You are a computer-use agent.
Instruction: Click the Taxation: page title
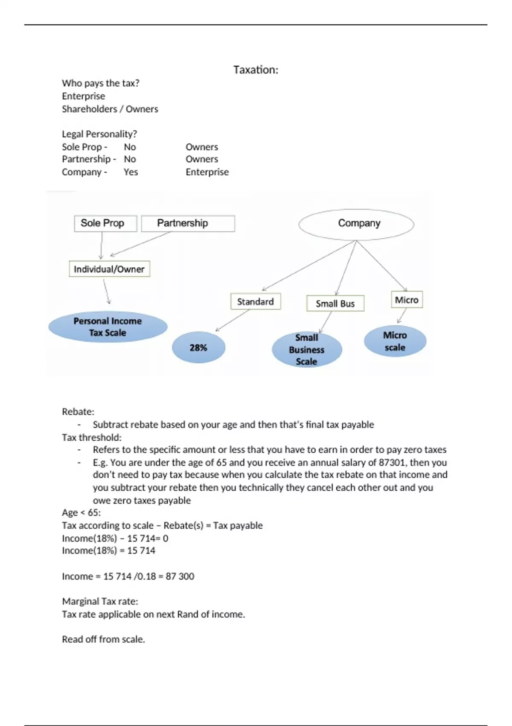click(256, 70)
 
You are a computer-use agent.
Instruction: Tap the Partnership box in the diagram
click(188, 223)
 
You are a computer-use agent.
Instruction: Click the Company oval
click(356, 224)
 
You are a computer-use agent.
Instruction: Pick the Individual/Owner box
click(109, 269)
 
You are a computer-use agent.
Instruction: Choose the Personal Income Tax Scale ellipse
click(108, 327)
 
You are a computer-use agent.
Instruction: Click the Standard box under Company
click(256, 302)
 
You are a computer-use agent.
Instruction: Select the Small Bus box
click(335, 304)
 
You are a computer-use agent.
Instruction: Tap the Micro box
click(407, 300)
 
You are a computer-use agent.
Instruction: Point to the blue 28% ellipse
click(198, 348)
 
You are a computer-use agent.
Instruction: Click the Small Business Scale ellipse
click(307, 350)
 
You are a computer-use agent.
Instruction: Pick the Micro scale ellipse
click(395, 341)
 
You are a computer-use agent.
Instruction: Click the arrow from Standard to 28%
click(233, 320)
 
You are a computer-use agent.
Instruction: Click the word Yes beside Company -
click(131, 172)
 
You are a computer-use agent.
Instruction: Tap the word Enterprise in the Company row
click(207, 172)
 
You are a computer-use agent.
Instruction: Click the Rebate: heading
click(78, 412)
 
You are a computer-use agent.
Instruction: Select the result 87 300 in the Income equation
click(180, 577)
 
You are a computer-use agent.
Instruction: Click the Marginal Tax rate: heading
click(100, 601)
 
